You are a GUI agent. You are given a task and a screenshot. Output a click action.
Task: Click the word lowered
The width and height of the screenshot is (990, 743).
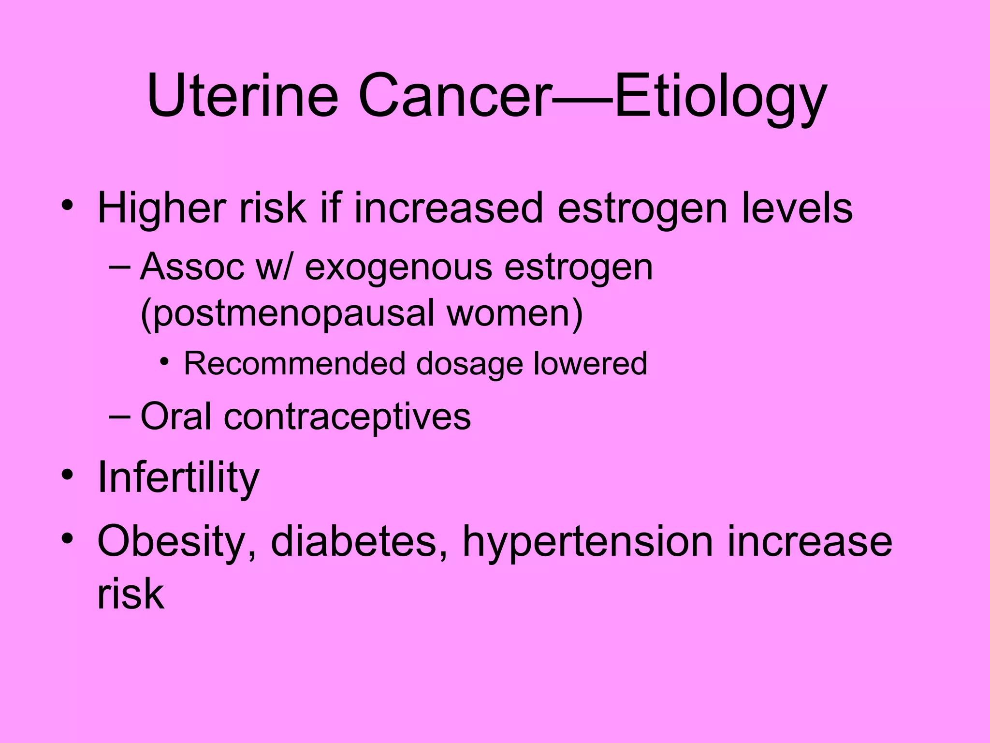590,363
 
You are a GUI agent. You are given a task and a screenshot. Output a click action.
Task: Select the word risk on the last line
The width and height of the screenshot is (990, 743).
131,594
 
